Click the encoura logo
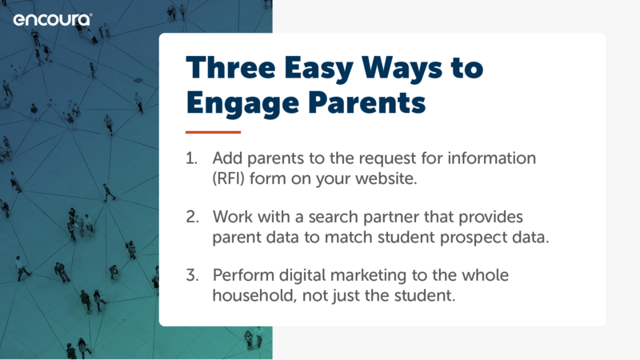53,19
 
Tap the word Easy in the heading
318,70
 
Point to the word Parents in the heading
367,102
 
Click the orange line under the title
213,132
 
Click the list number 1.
191,158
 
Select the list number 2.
192,217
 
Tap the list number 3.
192,275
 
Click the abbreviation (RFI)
228,178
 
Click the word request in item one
382,159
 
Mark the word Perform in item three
243,275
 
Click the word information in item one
491,158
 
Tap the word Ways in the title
402,70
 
